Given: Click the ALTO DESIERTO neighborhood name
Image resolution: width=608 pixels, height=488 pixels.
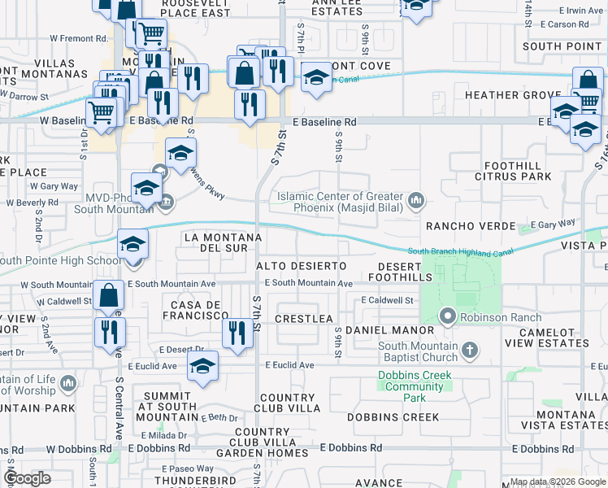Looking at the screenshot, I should point(302,266).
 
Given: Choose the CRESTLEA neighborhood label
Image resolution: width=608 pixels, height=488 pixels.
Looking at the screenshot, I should point(305,318).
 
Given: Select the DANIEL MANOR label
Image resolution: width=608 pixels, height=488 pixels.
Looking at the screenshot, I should point(390,330).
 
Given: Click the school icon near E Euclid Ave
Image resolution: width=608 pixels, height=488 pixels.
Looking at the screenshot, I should point(202,365).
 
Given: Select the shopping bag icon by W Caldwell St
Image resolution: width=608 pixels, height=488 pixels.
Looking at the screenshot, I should point(108,297).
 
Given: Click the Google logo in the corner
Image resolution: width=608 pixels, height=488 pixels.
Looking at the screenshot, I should point(27,478).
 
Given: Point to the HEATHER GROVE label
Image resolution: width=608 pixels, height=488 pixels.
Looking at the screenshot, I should point(513,95).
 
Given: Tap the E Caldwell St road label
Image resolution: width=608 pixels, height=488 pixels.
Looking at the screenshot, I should point(387,300).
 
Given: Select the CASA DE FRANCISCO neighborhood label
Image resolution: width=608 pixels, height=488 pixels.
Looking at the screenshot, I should point(195,309).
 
